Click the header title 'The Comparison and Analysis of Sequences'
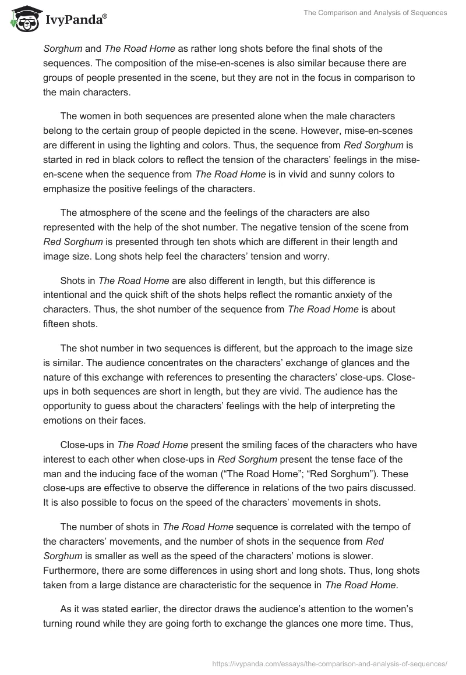[x=375, y=13]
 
